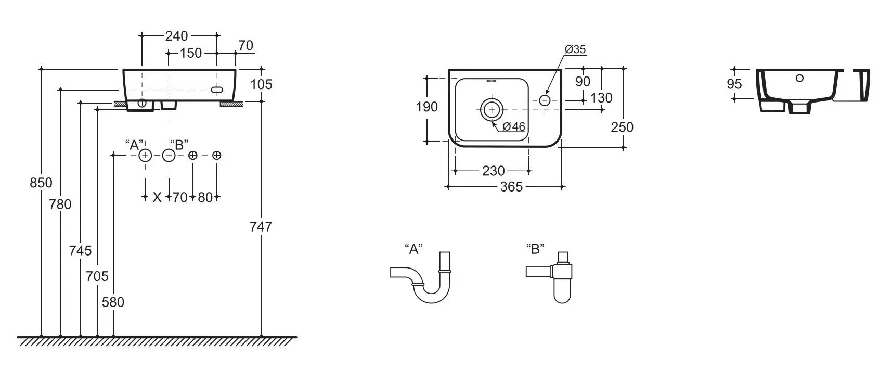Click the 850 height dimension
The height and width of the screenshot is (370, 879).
[41, 183]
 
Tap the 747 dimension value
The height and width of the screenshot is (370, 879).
[261, 226]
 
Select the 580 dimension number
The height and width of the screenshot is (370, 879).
[113, 302]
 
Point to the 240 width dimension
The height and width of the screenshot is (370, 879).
[176, 36]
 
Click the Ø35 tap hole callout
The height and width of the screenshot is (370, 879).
[575, 49]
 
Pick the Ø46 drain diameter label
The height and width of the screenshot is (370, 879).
[513, 126]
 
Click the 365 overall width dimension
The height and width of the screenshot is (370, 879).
[511, 186]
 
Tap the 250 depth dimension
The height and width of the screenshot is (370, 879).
[622, 127]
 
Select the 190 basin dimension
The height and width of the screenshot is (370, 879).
[426, 107]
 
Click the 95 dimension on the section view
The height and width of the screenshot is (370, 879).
[734, 83]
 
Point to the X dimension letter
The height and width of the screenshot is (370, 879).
[157, 197]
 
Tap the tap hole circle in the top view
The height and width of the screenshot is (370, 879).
[545, 99]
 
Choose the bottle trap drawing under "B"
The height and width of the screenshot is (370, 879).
[552, 276]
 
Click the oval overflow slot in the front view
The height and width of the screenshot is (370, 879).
[217, 90]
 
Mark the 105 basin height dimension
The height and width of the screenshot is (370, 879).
[261, 84]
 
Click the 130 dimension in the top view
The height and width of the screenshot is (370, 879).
[602, 97]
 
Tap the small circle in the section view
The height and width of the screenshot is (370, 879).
[799, 79]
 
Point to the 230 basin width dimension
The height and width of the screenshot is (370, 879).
[493, 171]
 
